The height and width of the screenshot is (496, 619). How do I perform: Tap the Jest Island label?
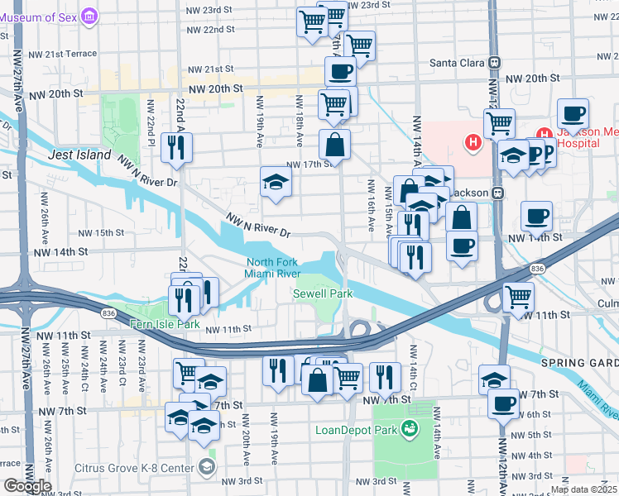tap(79, 155)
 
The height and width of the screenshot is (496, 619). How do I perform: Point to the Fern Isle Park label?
tap(165, 325)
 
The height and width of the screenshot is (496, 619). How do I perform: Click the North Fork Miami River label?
tap(272, 269)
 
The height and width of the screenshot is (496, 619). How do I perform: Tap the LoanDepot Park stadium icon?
tap(408, 427)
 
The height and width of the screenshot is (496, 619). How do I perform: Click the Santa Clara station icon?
tap(495, 62)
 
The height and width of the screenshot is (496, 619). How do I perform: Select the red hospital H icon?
tap(473, 142)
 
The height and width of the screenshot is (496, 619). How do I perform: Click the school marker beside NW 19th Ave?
tap(276, 183)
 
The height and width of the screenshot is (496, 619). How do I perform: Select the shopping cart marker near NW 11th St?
tap(518, 297)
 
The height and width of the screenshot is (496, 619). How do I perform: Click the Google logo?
tap(27, 486)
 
